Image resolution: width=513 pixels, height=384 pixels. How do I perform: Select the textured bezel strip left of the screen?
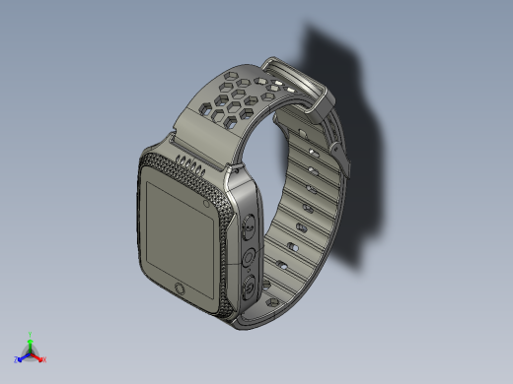(137, 222)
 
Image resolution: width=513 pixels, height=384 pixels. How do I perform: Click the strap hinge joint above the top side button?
(238, 181)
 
